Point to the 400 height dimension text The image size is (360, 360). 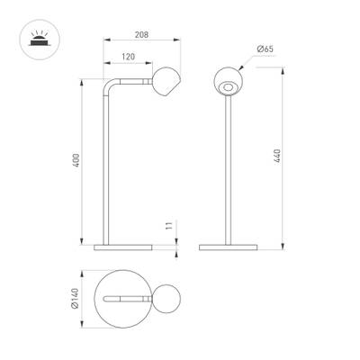coord(77,161)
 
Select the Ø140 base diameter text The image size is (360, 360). coord(77,298)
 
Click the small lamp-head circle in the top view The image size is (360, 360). coord(166,298)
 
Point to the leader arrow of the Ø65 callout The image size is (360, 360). coord(248,62)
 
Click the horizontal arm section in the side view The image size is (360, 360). coord(133,81)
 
